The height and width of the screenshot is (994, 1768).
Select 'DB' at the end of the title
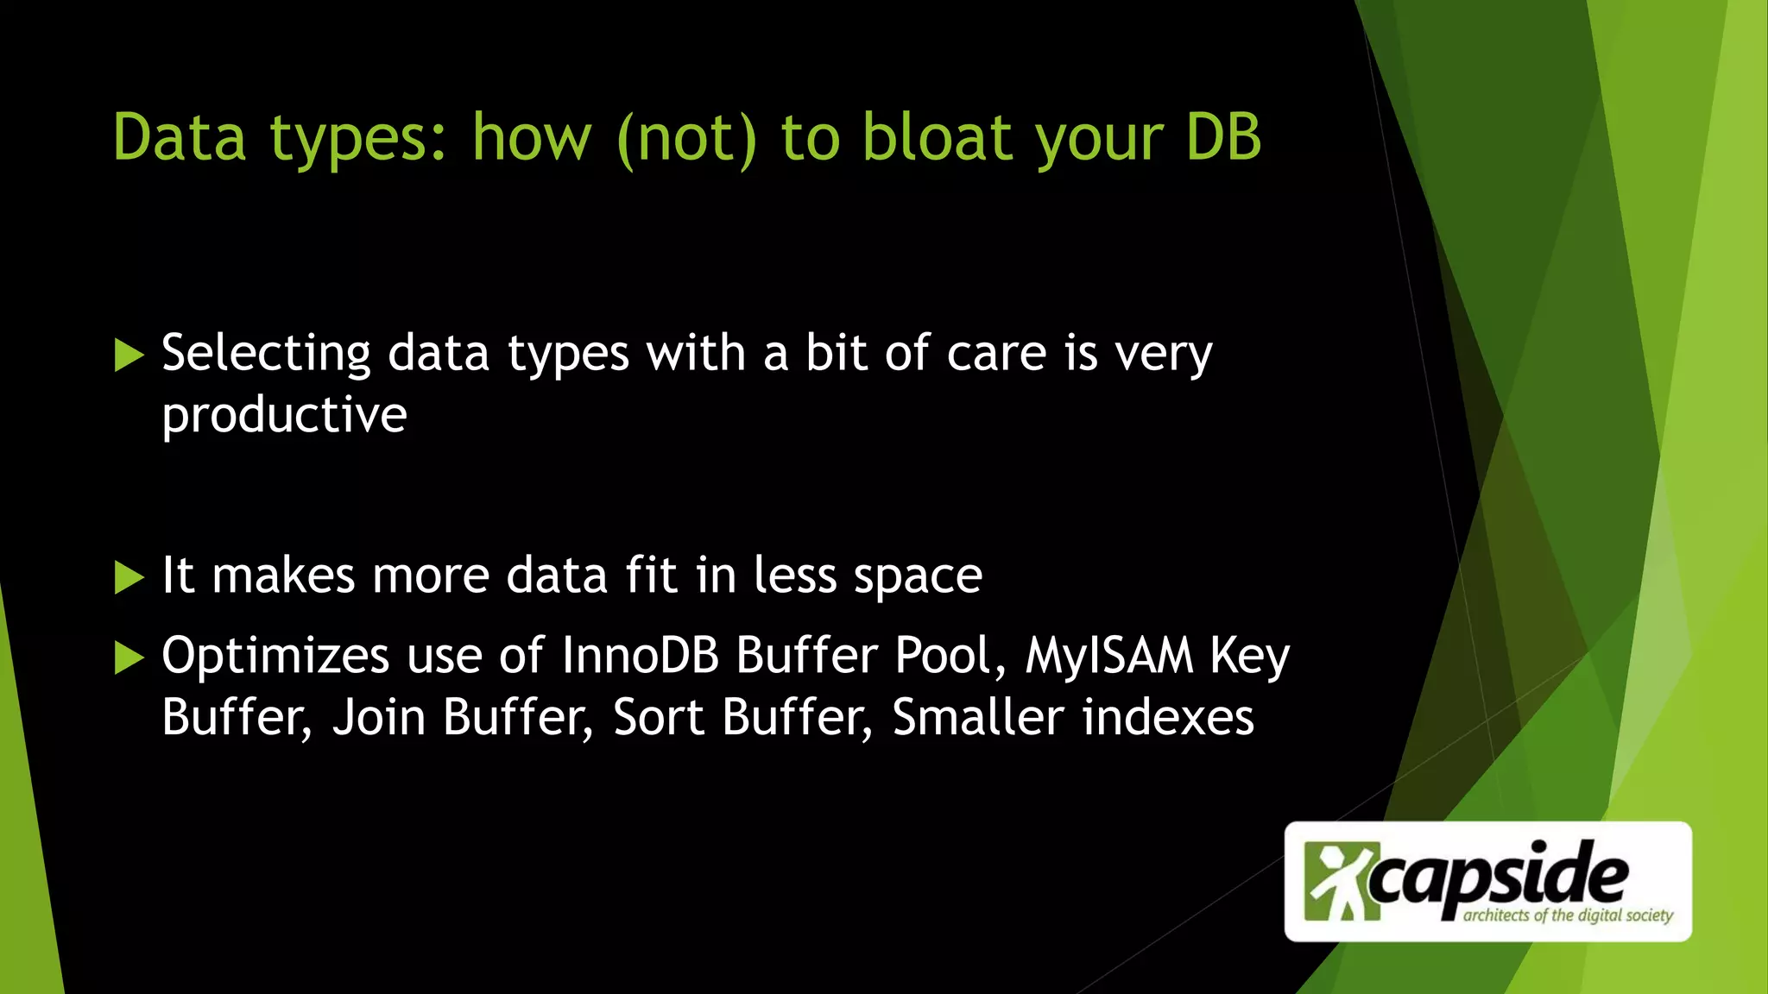1223,138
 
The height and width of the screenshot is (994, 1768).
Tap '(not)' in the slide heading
687,138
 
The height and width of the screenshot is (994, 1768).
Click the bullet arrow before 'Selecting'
129,355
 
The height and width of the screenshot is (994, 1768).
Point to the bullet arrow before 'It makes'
129,577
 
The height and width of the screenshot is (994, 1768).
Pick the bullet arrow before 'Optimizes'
129,657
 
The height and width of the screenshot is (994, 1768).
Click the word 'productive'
284,416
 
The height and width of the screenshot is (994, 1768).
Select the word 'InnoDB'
641,656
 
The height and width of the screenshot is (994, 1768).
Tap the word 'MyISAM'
1109,656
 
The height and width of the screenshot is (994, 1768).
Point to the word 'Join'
379,718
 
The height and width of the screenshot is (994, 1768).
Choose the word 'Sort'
658,718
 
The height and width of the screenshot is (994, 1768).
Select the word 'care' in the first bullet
997,354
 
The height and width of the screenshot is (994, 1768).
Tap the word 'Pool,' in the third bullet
950,656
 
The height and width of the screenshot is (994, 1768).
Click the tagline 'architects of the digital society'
1568,915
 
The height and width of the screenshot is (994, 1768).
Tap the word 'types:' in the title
358,138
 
